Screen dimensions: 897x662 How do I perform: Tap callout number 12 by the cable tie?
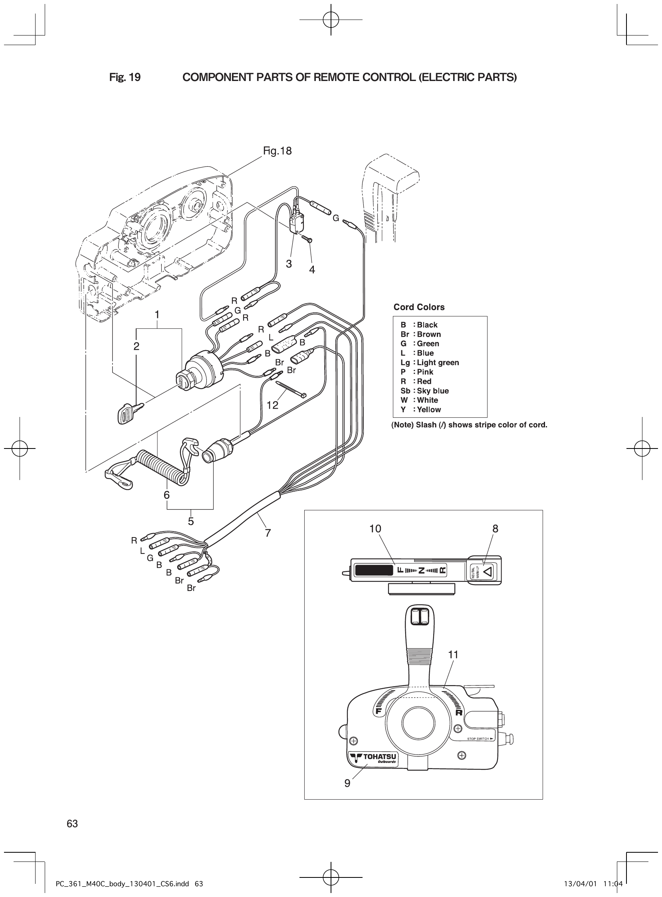[272, 405]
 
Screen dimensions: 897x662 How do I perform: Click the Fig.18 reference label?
[277, 151]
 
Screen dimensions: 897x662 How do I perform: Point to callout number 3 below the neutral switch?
[289, 264]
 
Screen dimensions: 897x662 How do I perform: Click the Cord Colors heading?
[419, 307]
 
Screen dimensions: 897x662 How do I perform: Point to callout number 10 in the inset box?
[375, 529]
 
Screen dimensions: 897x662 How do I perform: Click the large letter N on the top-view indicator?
[421, 570]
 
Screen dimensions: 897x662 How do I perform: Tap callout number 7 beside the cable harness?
[268, 533]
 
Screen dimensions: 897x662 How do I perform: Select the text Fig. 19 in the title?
[125, 77]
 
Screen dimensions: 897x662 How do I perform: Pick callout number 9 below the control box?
[347, 783]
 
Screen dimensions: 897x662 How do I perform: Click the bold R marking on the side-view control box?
[459, 712]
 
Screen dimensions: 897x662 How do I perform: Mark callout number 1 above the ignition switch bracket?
[157, 315]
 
